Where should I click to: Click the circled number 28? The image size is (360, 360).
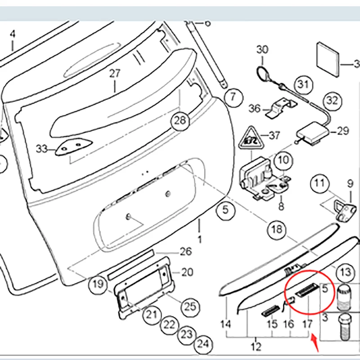pyautogui.click(x=180, y=120)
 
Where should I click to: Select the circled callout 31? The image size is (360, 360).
pyautogui.click(x=304, y=84)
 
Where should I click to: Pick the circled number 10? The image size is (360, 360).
pyautogui.click(x=283, y=160)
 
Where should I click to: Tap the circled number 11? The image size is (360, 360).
pyautogui.click(x=319, y=183)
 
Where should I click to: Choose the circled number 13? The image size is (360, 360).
pyautogui.click(x=345, y=272)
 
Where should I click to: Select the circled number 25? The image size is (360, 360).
pyautogui.click(x=190, y=306)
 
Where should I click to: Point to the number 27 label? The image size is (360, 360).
pyautogui.click(x=115, y=73)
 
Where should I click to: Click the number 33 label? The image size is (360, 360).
pyautogui.click(x=41, y=149)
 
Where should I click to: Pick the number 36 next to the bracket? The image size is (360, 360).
pyautogui.click(x=254, y=108)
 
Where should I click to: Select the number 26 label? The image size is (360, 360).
pyautogui.click(x=186, y=252)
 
